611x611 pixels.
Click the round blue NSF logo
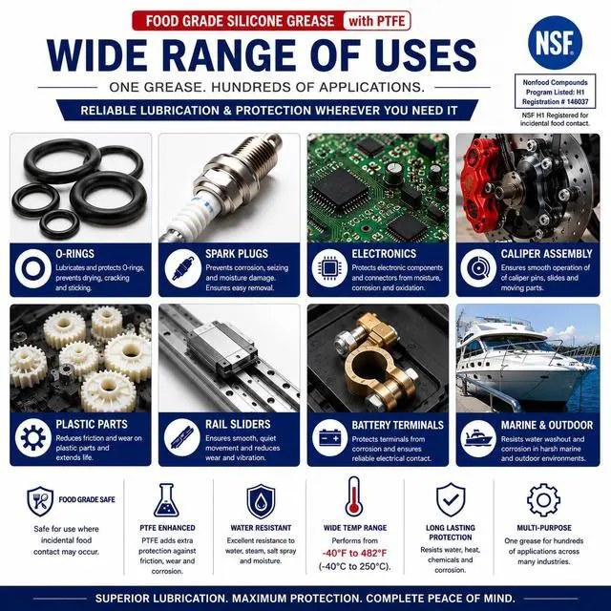pyautogui.click(x=555, y=43)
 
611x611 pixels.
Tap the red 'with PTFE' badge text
pyautogui.click(x=377, y=21)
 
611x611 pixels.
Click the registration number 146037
pyautogui.click(x=578, y=102)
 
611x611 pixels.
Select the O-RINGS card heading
pyautogui.click(x=74, y=254)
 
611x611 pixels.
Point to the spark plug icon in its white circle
pyautogui.click(x=182, y=269)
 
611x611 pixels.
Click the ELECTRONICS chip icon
pyautogui.click(x=329, y=268)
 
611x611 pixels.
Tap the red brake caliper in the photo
pyautogui.click(x=479, y=187)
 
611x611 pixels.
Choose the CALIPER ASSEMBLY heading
pyautogui.click(x=546, y=254)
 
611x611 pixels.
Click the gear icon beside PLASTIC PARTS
pyautogui.click(x=33, y=437)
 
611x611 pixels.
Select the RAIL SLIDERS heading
pyautogui.click(x=238, y=424)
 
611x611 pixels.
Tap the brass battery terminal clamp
pyautogui.click(x=375, y=363)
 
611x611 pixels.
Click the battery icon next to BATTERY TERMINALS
pyautogui.click(x=329, y=437)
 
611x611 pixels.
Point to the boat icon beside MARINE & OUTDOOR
pyautogui.click(x=478, y=438)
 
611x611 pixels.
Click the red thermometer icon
pyautogui.click(x=354, y=496)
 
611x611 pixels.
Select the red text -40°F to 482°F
pyautogui.click(x=354, y=554)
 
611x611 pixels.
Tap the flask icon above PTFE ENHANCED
pyautogui.click(x=166, y=500)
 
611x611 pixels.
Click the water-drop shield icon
pyautogui.click(x=261, y=501)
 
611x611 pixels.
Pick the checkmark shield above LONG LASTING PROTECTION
pyautogui.click(x=451, y=499)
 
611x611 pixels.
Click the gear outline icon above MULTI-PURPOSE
pyautogui.click(x=543, y=500)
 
